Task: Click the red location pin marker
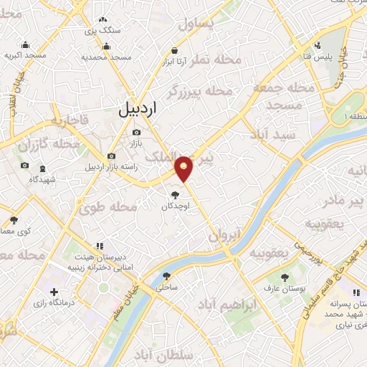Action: tap(185, 168)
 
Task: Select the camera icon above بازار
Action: tap(137, 132)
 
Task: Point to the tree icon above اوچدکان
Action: tap(175, 194)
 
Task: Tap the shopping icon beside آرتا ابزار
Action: tap(175, 51)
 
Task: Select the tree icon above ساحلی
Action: tap(167, 276)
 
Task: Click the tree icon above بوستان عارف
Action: tap(285, 277)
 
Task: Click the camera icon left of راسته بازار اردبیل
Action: tap(110, 156)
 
